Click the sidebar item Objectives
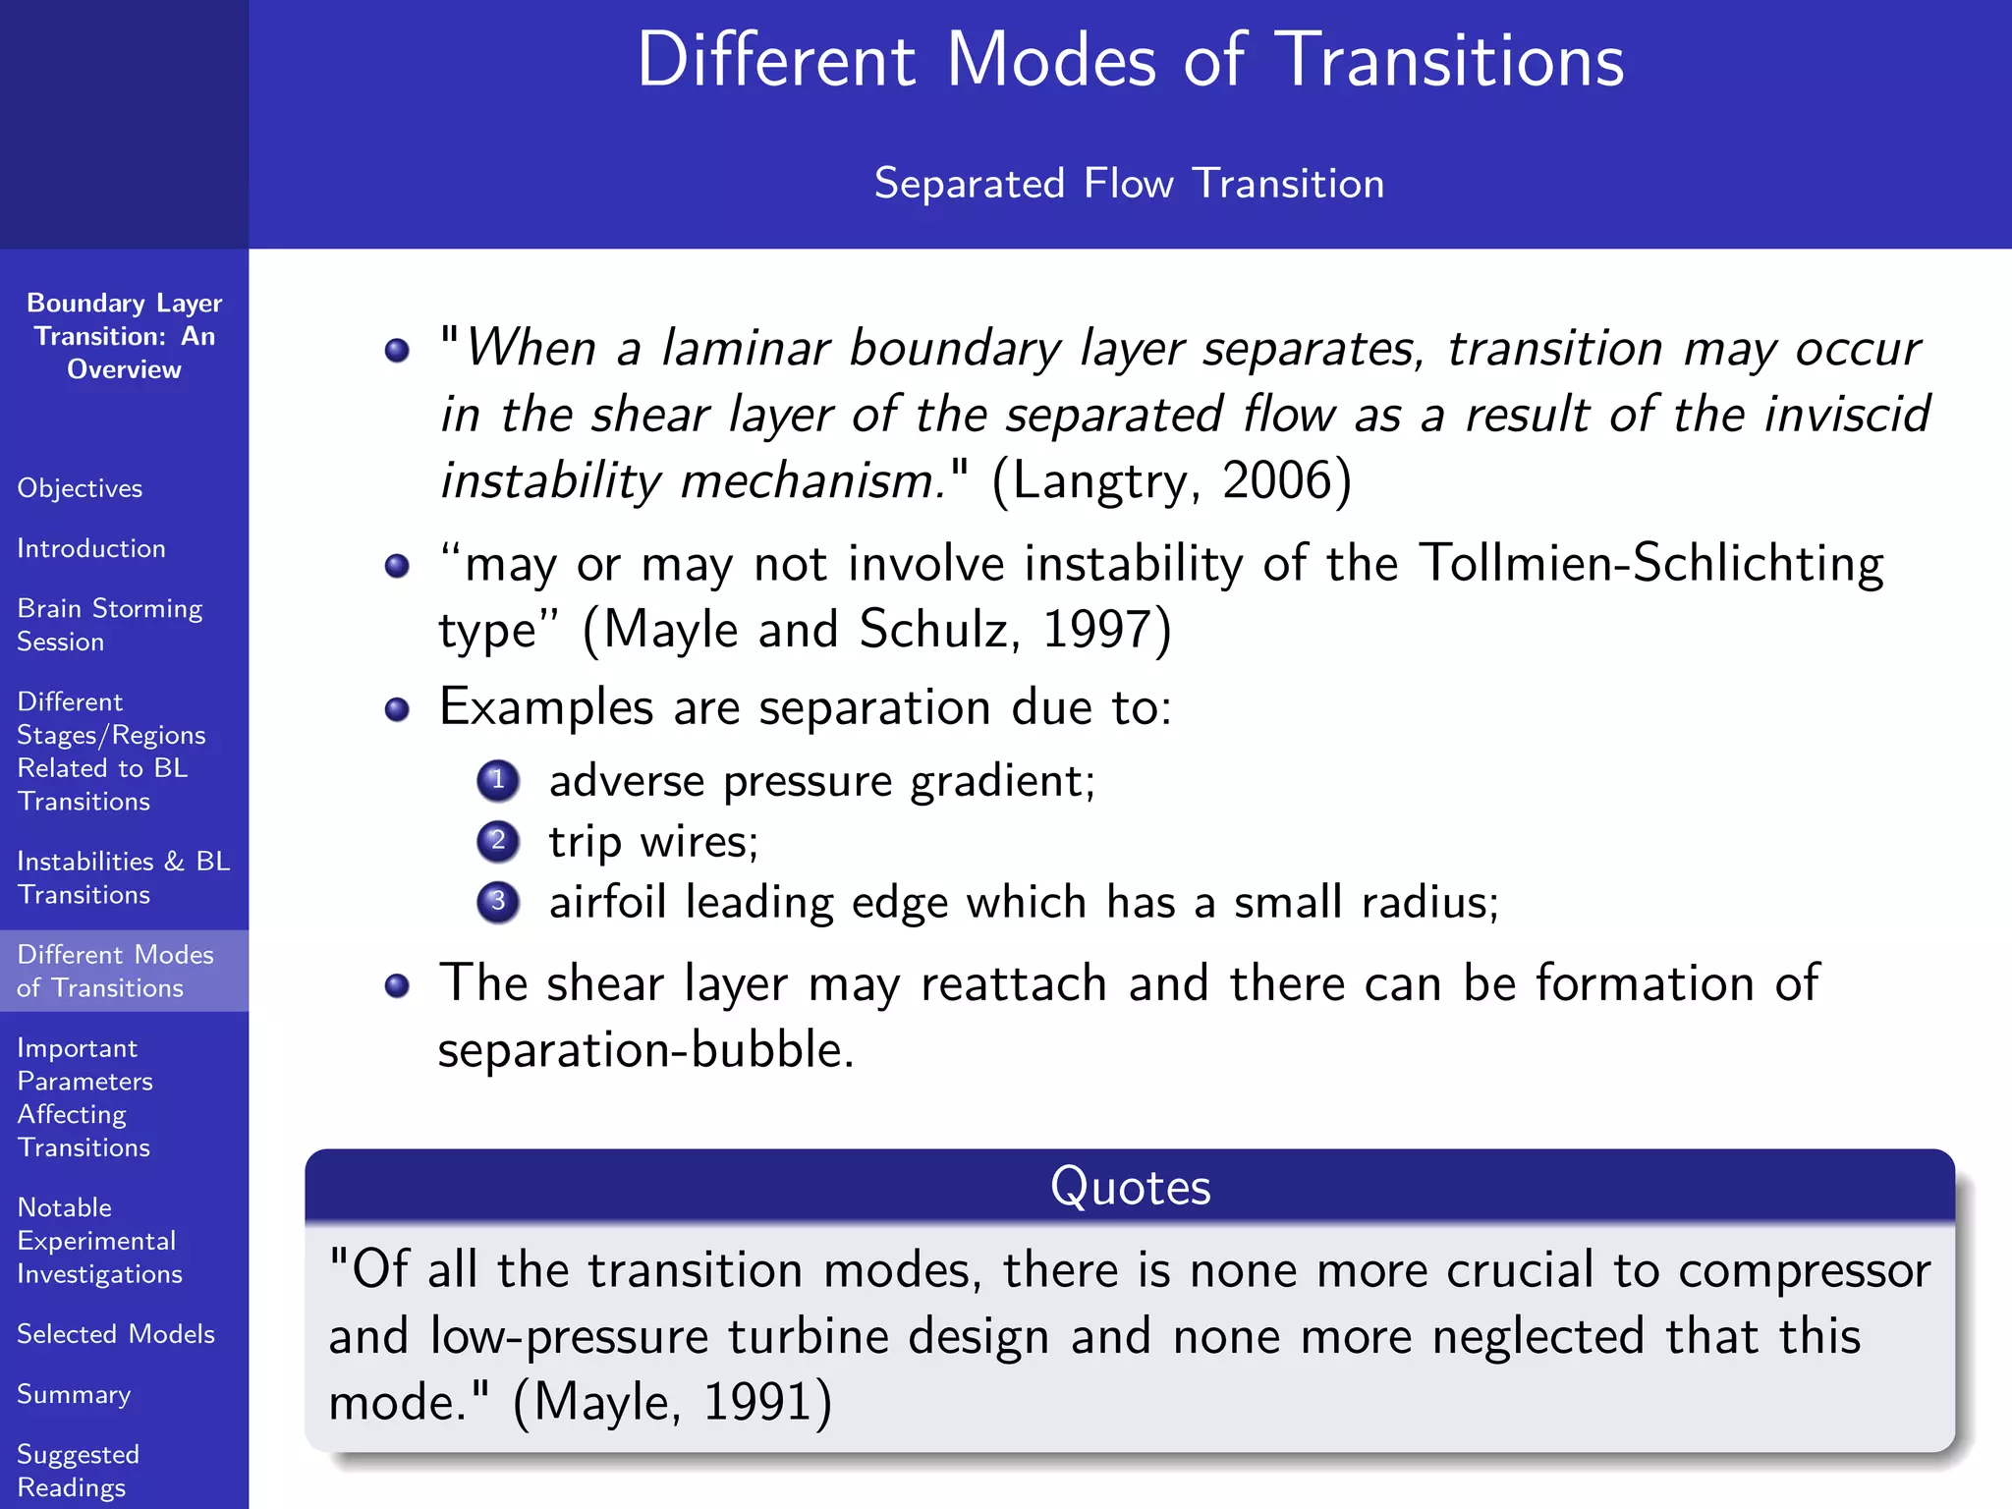tap(80, 488)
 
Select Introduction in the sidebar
tap(91, 548)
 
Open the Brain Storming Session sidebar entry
tap(109, 625)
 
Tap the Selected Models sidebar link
tap(116, 1334)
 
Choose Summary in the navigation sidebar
tap(74, 1394)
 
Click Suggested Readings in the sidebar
tap(78, 1471)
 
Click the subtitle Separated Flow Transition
tap(1129, 184)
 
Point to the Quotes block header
tap(1130, 1187)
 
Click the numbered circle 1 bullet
tap(498, 781)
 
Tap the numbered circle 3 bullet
tap(498, 902)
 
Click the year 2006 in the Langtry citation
tap(1276, 481)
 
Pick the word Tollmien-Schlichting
tap(1650, 564)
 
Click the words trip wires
tap(652, 842)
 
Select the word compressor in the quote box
tap(1804, 1270)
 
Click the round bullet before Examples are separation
tap(397, 709)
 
